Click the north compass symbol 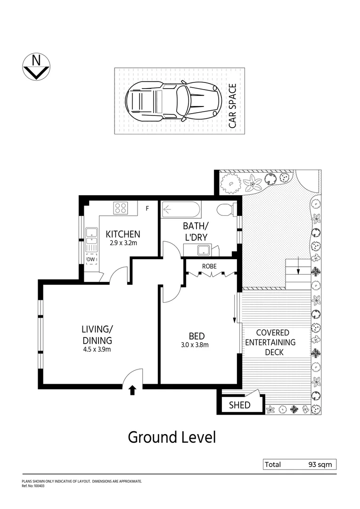36,67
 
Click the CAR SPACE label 232,107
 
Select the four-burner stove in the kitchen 120,208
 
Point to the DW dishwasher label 91,259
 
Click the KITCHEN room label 123,234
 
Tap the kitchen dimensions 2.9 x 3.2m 123,244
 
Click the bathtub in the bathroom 181,210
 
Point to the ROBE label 209,266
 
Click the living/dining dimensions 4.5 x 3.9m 98,349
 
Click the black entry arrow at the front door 132,389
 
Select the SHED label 239,405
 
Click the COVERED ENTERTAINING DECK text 270,342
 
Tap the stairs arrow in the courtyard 298,270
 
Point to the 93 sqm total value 320,465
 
